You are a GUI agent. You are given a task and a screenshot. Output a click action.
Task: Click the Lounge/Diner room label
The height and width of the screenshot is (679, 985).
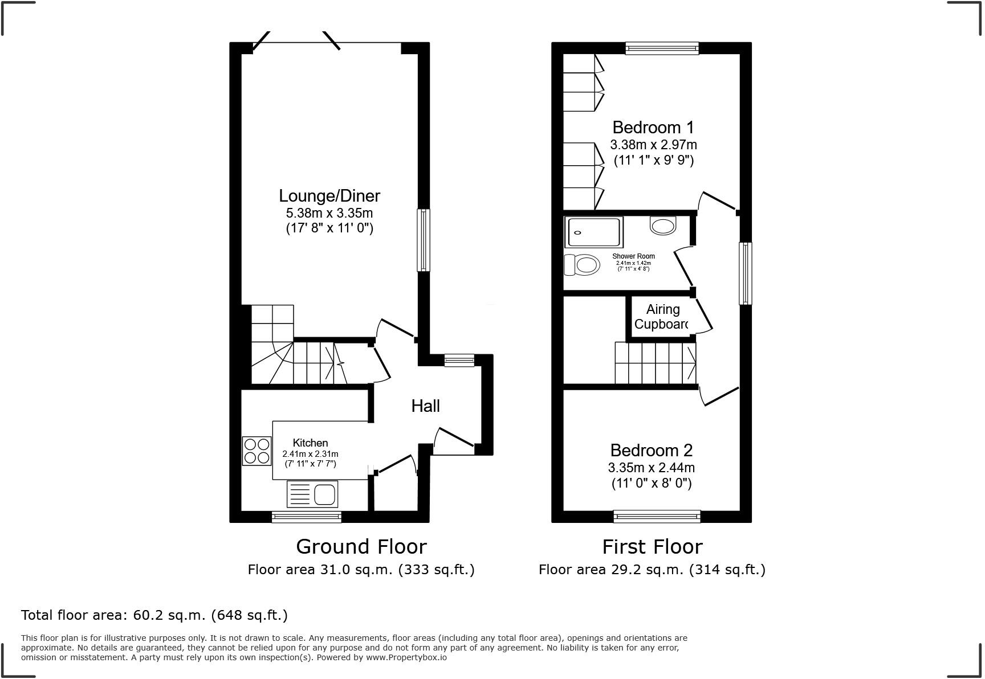(x=329, y=196)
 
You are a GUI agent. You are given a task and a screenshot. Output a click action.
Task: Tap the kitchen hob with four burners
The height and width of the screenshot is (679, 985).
(x=257, y=451)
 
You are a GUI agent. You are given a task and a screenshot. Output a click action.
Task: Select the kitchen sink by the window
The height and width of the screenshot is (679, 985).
(x=313, y=494)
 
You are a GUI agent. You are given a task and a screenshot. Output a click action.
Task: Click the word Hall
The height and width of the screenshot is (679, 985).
(x=425, y=406)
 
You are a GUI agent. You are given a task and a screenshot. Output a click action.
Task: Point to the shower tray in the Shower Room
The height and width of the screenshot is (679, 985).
(x=593, y=232)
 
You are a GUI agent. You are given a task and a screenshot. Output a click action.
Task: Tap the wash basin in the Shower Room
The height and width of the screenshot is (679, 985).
(x=662, y=226)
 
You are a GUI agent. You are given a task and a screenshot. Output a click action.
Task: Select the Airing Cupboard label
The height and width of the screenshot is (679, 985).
(x=662, y=317)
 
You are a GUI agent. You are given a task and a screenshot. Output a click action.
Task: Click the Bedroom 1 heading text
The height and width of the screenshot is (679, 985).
(x=653, y=128)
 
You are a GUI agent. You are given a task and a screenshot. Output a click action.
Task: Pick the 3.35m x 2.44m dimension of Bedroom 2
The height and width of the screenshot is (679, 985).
(x=651, y=468)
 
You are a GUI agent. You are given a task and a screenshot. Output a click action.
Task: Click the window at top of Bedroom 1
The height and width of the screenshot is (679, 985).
(x=662, y=48)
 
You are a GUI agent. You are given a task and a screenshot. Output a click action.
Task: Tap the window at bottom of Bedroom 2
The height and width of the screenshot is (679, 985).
(x=657, y=516)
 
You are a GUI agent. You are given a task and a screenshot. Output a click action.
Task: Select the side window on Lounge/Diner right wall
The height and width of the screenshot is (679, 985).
(x=424, y=240)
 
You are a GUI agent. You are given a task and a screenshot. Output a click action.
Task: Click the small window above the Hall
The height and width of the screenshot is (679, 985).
(x=459, y=360)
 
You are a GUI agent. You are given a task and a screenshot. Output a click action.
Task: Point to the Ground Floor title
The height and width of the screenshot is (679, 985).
(x=361, y=547)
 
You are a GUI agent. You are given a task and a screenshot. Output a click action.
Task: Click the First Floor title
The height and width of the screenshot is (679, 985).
(x=652, y=547)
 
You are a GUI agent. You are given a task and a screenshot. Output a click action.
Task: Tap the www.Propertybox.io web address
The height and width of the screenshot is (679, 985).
(x=406, y=657)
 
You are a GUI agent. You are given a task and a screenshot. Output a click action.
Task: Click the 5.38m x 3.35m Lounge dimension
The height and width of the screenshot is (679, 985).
(x=329, y=214)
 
